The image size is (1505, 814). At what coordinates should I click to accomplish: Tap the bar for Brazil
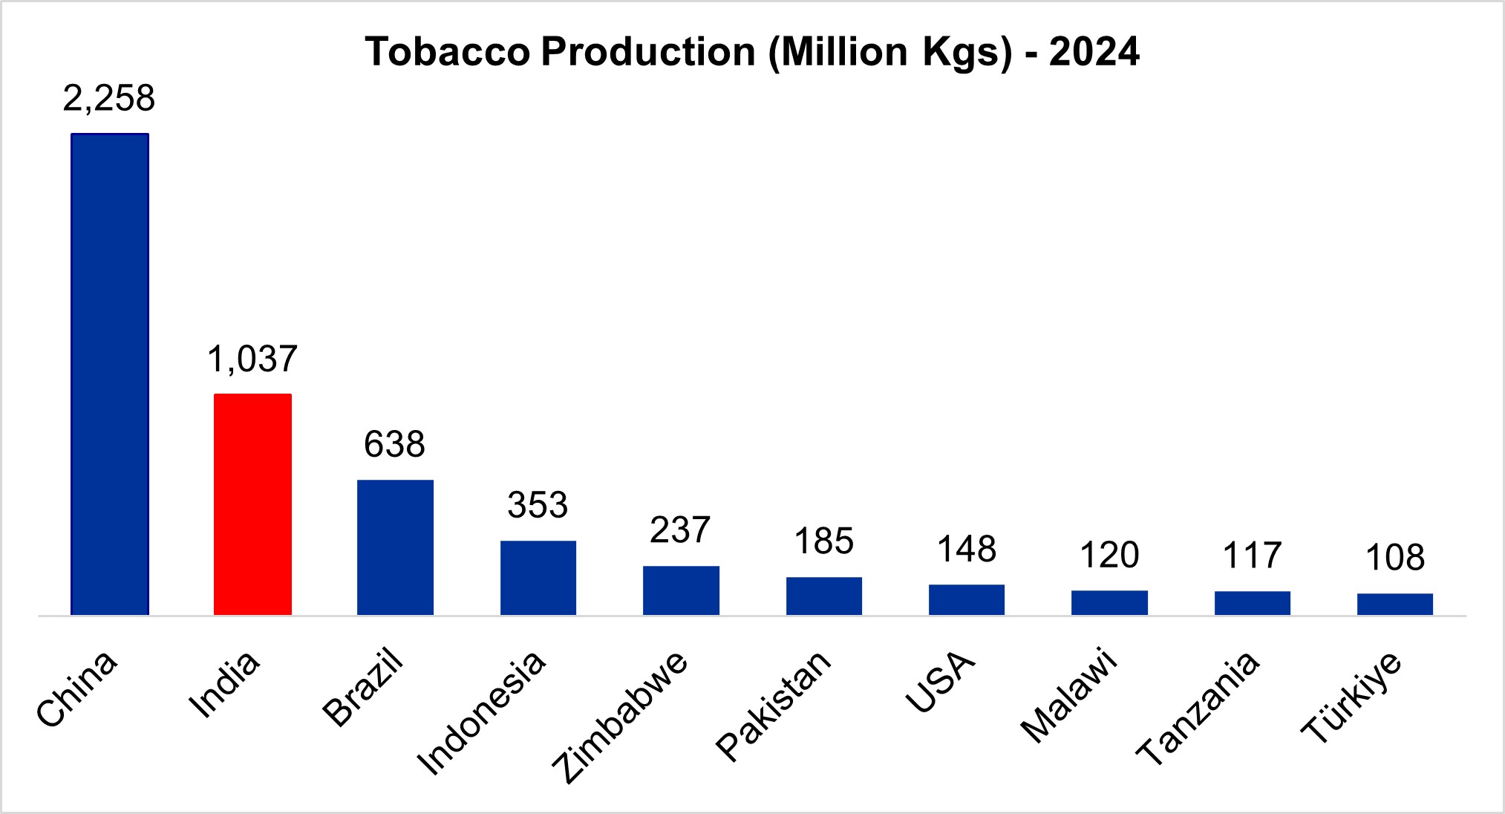(x=395, y=547)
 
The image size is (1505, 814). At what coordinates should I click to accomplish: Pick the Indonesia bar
(x=538, y=577)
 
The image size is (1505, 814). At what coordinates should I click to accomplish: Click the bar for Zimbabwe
(x=681, y=590)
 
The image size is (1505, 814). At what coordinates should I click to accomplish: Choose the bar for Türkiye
(x=1394, y=604)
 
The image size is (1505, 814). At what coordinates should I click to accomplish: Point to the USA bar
(x=966, y=599)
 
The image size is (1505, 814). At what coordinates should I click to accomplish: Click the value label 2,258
(x=109, y=99)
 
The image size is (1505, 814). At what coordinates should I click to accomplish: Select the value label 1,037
(x=252, y=359)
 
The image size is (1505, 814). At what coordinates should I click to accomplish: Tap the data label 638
(x=394, y=445)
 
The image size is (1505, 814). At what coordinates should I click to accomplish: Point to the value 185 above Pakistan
(x=823, y=541)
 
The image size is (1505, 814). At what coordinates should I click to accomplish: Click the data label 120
(x=1109, y=556)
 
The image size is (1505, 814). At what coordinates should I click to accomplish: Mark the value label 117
(x=1252, y=556)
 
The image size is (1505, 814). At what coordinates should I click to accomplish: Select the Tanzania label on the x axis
(x=1197, y=708)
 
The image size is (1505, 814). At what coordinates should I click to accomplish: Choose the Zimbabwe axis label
(x=621, y=717)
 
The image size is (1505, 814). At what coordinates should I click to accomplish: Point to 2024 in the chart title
(x=1094, y=52)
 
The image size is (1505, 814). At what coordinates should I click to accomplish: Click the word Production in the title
(x=647, y=52)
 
